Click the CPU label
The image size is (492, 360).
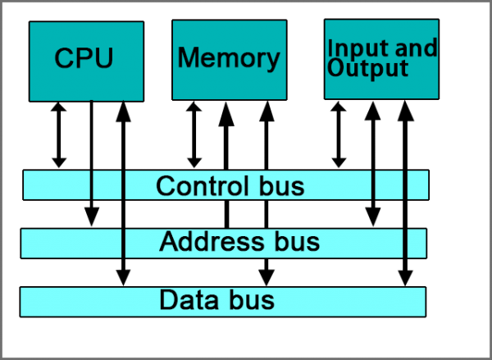point(84,59)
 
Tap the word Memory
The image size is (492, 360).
point(228,58)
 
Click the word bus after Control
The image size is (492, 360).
point(280,186)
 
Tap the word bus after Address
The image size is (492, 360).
point(294,243)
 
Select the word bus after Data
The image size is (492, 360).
point(249,300)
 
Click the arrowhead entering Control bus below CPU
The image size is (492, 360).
point(58,162)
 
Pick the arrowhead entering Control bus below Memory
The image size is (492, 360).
point(194,162)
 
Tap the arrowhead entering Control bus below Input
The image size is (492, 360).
point(338,162)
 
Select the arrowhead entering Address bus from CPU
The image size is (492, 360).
point(92,216)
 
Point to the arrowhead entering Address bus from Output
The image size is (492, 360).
point(373,216)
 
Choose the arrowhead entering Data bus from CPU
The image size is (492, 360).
point(123,277)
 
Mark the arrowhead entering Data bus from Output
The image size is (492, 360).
point(403,277)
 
